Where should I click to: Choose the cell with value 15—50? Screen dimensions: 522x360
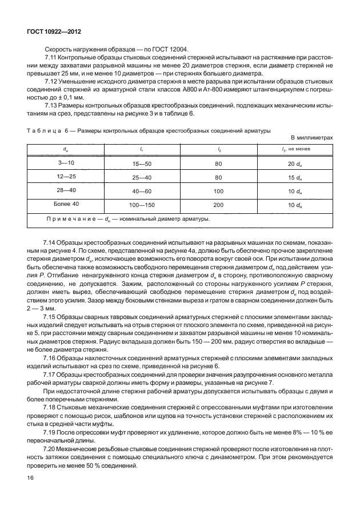[x=141, y=164]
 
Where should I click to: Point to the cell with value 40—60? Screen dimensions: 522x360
[x=141, y=191]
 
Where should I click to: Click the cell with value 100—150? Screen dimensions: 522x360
[x=141, y=205]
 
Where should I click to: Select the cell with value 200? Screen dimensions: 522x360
[x=218, y=205]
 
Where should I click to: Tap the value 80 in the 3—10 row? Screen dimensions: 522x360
[x=218, y=164]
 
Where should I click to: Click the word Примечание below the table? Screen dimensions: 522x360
[x=70, y=218]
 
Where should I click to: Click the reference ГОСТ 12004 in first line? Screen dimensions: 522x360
[x=176, y=49]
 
